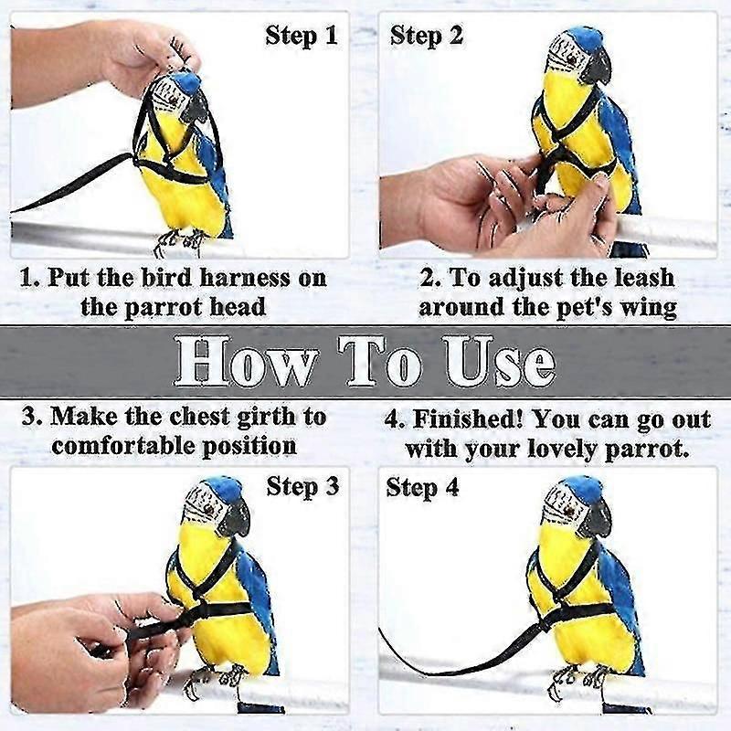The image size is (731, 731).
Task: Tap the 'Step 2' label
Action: point(427,37)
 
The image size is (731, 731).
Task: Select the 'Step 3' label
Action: point(302,487)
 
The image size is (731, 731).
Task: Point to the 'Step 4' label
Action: point(422,487)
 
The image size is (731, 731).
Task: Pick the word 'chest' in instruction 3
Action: point(206,417)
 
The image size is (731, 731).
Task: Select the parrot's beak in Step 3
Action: point(235,518)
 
